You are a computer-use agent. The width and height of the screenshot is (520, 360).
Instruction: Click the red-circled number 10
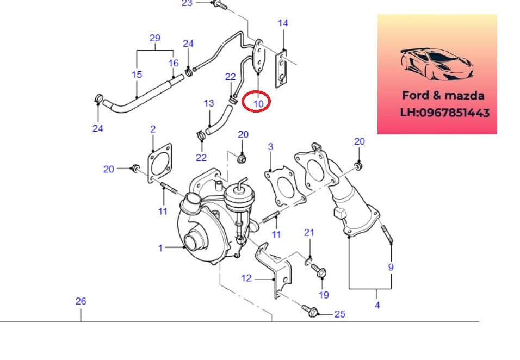click(258, 104)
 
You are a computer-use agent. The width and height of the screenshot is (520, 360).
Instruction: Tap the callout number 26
click(81, 301)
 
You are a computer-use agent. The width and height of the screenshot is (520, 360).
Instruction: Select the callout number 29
click(155, 38)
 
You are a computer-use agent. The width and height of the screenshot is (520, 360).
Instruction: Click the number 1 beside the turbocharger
click(160, 248)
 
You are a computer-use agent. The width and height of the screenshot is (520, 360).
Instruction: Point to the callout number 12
click(246, 278)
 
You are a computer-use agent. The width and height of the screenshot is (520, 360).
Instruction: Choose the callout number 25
click(339, 314)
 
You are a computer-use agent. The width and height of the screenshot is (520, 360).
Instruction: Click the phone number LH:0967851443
click(445, 113)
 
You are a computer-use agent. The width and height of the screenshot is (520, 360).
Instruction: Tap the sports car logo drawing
click(436, 64)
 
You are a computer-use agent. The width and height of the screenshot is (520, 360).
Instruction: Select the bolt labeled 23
click(219, 4)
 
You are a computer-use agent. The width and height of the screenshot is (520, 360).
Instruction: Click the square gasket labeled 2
click(160, 163)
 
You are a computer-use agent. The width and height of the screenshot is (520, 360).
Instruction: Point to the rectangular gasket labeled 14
click(281, 69)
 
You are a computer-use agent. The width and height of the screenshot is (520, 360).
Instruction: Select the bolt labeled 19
click(319, 270)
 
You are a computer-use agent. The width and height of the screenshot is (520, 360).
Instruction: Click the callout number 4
click(377, 305)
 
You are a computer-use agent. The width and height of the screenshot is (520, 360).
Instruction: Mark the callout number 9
click(391, 267)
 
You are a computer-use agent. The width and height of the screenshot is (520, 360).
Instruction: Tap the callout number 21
click(309, 233)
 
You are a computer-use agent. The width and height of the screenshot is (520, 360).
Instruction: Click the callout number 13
click(209, 103)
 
